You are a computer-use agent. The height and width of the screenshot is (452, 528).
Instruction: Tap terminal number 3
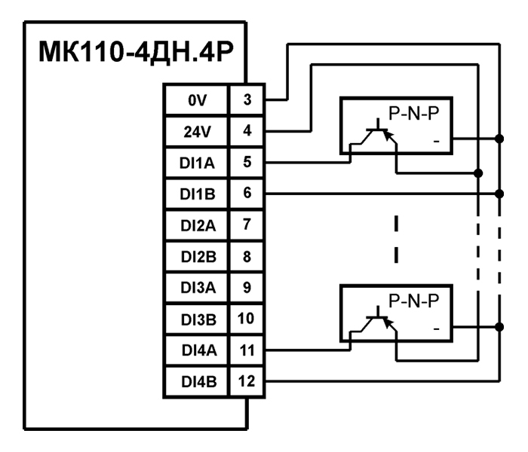pyautogui.click(x=248, y=99)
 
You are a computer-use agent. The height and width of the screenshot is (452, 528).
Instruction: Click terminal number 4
pyautogui.click(x=248, y=130)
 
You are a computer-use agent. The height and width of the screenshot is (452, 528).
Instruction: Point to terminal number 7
pyautogui.click(x=248, y=224)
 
